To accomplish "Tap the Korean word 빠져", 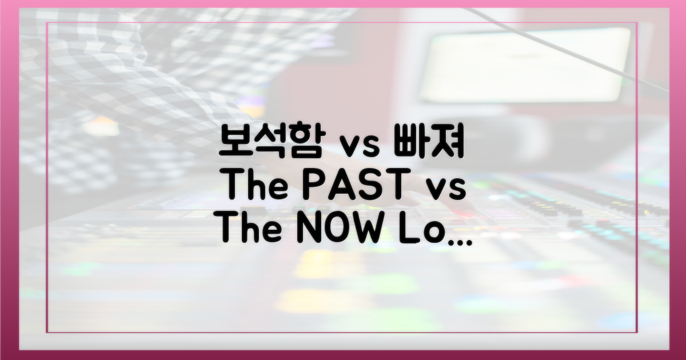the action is click(x=429, y=141).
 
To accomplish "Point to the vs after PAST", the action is click(x=446, y=190).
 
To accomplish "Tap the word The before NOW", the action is click(x=250, y=228).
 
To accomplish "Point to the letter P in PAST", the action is click(x=318, y=185).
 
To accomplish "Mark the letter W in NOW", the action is click(x=369, y=228).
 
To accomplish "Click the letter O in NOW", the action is click(x=336, y=228).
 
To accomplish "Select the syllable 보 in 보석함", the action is click(x=235, y=141).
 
